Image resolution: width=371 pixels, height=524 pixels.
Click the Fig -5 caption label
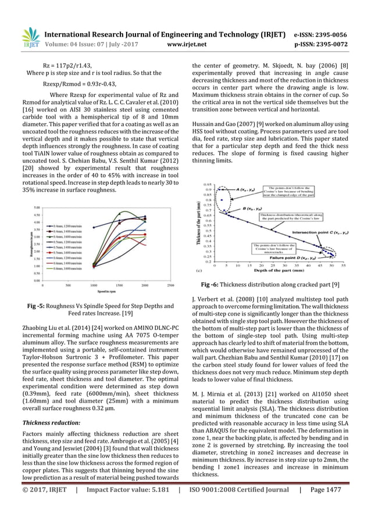tap(48, 306)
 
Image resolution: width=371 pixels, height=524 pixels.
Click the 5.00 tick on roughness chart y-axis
tap(37, 207)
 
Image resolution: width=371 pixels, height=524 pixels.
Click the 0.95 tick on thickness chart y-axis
tap(208, 185)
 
